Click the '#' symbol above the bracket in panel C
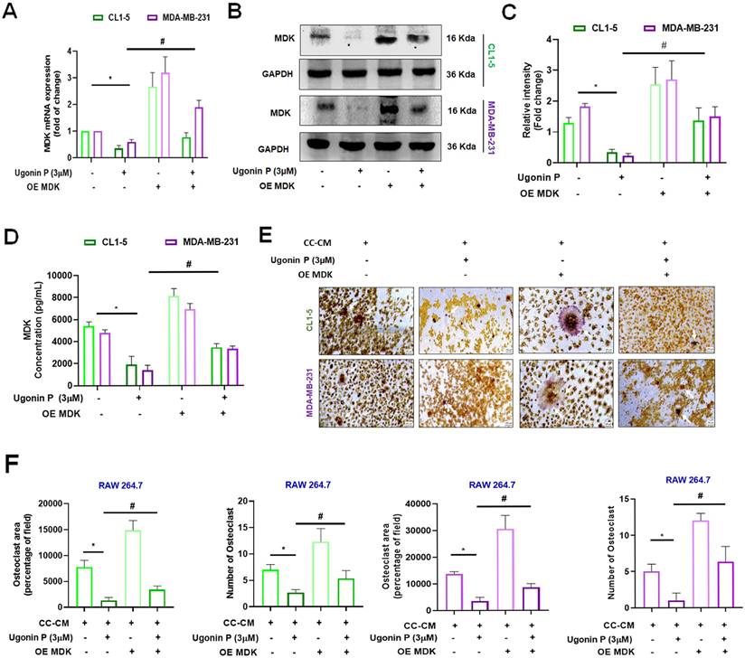(637, 45)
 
